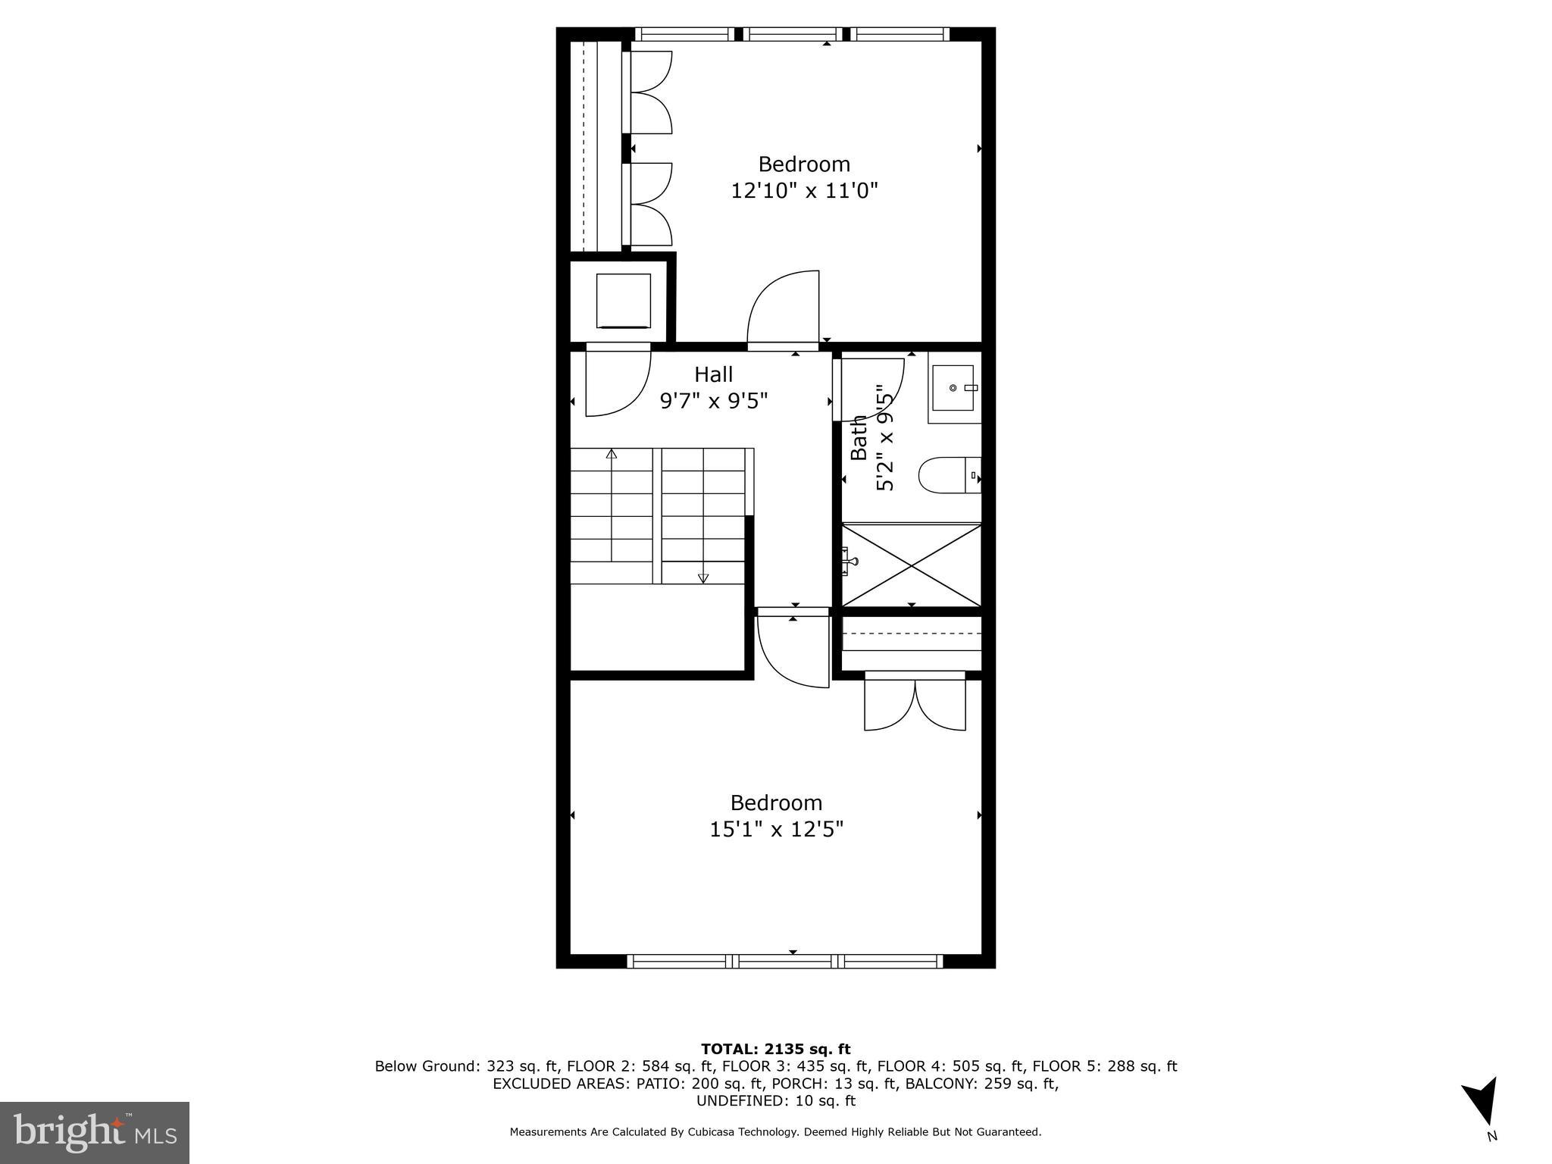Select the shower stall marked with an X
point(912,565)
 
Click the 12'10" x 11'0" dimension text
point(804,190)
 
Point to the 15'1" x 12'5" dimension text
point(776,830)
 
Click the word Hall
point(713,374)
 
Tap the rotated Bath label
point(859,437)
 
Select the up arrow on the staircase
point(611,455)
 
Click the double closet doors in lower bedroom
point(915,705)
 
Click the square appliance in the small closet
point(623,301)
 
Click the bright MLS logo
point(95,1133)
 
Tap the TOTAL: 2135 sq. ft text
point(775,1049)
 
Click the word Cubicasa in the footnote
point(713,1132)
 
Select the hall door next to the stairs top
point(618,383)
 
